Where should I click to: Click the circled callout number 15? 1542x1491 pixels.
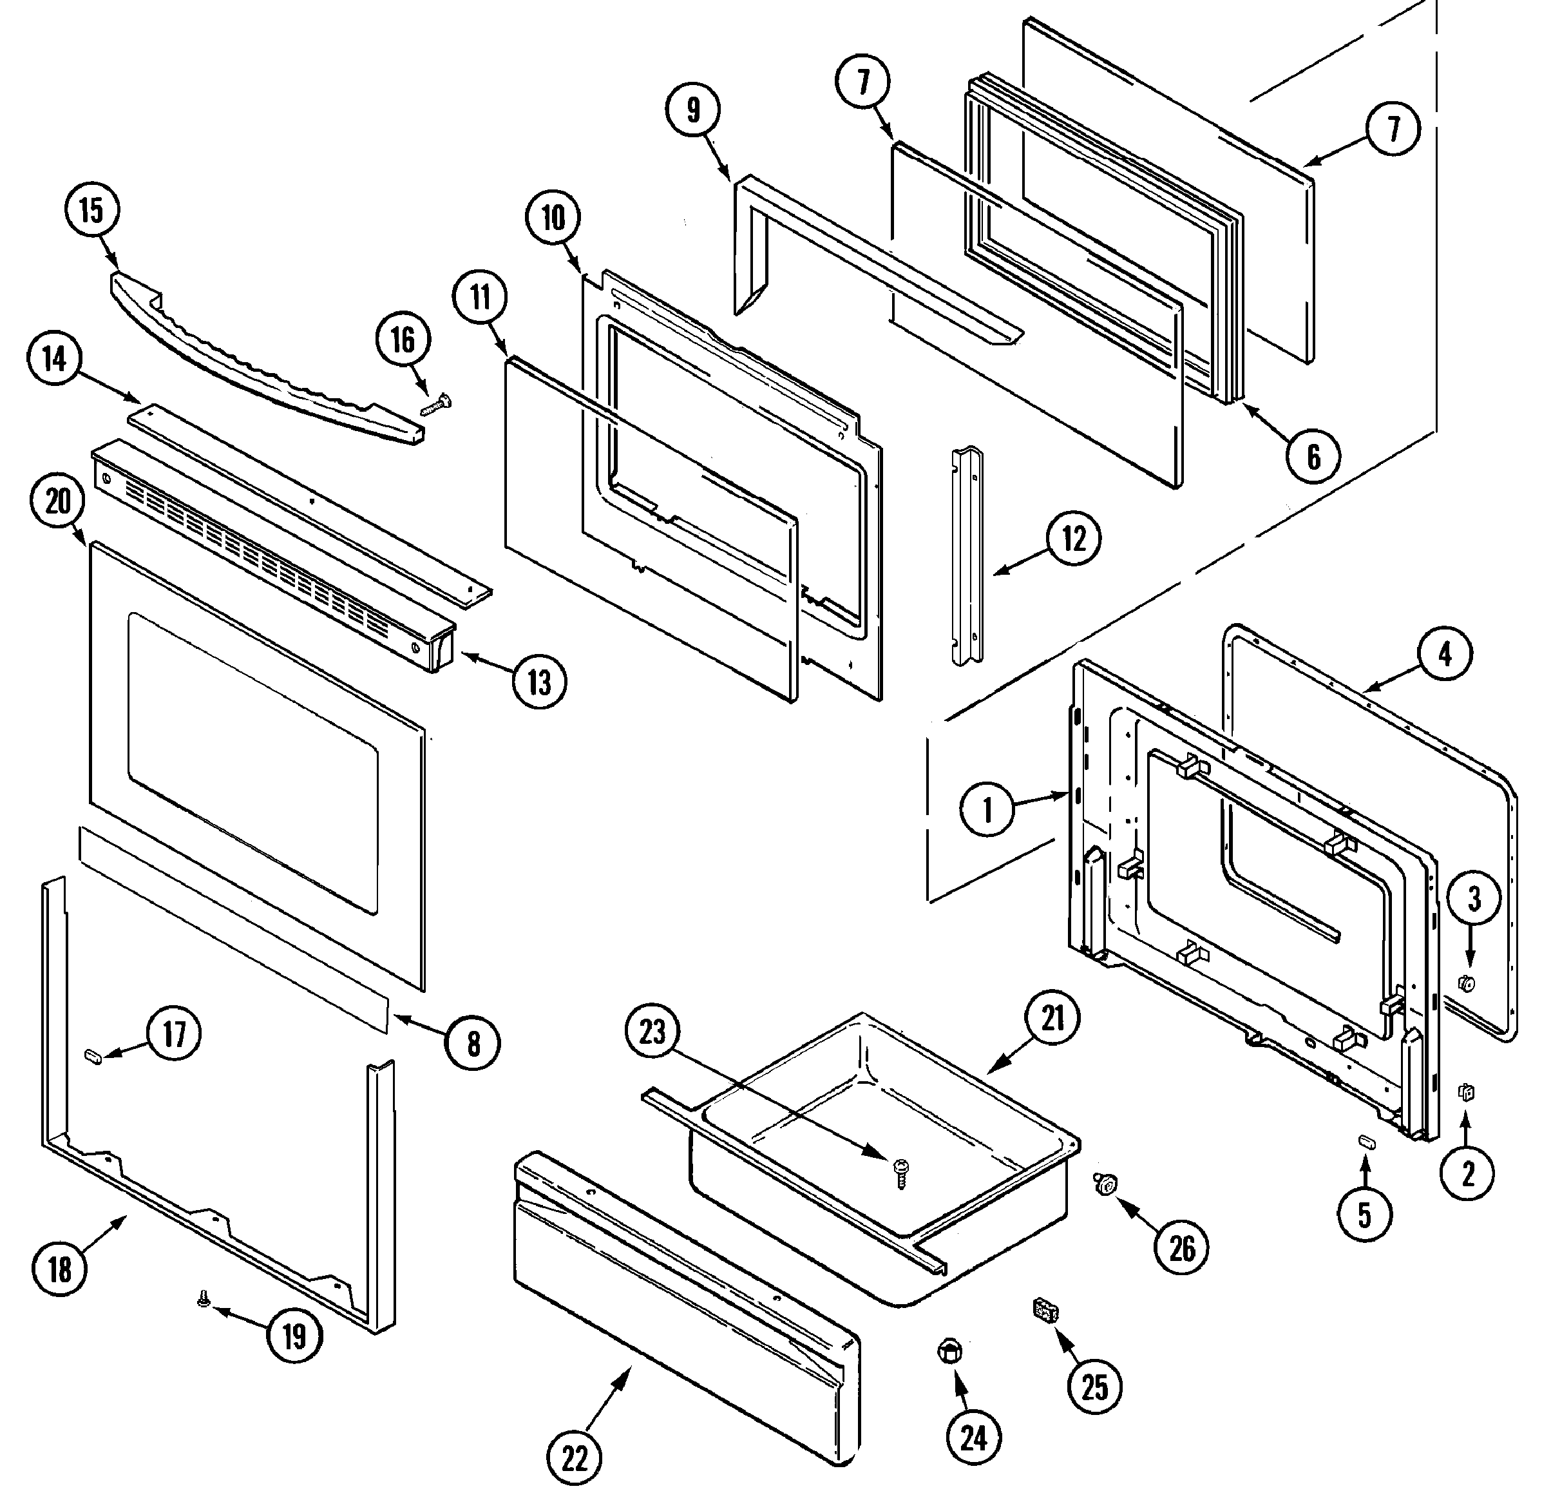click(x=91, y=211)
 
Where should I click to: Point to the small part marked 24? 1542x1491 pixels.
click(x=949, y=1352)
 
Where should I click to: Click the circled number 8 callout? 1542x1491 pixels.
click(x=473, y=1043)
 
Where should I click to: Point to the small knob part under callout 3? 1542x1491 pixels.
click(x=1467, y=983)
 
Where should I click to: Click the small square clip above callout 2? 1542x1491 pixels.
click(x=1466, y=1092)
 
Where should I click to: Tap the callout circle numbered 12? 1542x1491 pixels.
click(x=1074, y=540)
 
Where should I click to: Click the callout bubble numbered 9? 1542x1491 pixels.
click(x=692, y=111)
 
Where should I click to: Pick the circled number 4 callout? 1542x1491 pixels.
click(x=1445, y=653)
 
